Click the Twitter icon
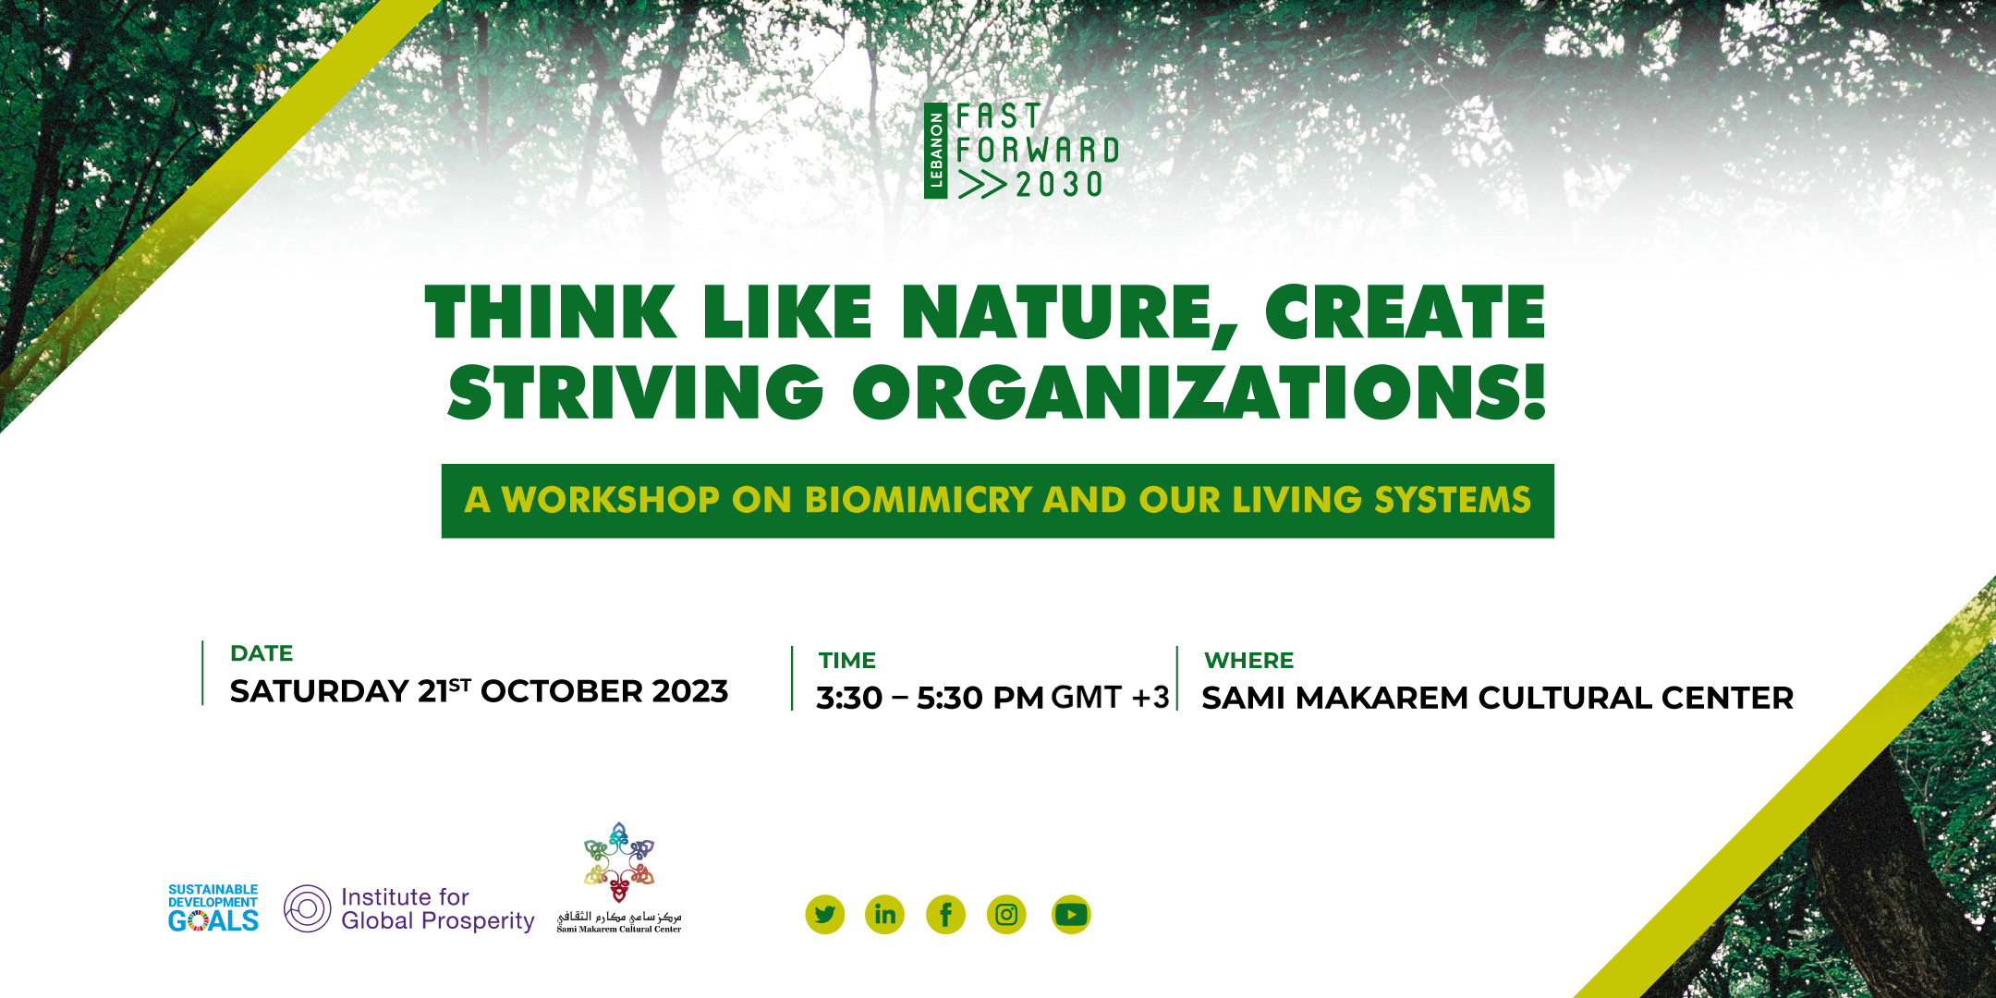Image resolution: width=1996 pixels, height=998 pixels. coord(825,915)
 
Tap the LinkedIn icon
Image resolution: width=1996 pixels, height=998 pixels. coord(884,915)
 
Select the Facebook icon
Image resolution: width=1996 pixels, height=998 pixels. coord(945,915)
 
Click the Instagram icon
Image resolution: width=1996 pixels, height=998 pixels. coord(1006,915)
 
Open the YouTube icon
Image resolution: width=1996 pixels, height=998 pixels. coord(1071,915)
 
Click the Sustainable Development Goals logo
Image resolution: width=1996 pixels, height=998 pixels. coord(213,908)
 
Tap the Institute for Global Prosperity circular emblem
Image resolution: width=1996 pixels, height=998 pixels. coord(308,908)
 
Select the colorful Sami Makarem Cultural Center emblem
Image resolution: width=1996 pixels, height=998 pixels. coord(619,862)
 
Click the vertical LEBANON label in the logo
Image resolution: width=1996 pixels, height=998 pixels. coord(936,151)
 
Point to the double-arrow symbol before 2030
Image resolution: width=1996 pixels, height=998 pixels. coord(982,185)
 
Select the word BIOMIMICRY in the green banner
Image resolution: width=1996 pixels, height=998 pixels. coord(918,500)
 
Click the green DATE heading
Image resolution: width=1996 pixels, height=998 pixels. coord(262,653)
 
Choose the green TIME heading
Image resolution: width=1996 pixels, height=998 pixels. coord(846,661)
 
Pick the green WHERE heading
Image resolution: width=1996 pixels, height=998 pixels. coord(1248,661)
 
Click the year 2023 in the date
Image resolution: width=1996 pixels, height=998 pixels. coord(690,691)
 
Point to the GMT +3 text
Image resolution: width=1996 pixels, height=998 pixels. coord(1110,698)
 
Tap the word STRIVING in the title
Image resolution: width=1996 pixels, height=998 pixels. coord(636,393)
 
